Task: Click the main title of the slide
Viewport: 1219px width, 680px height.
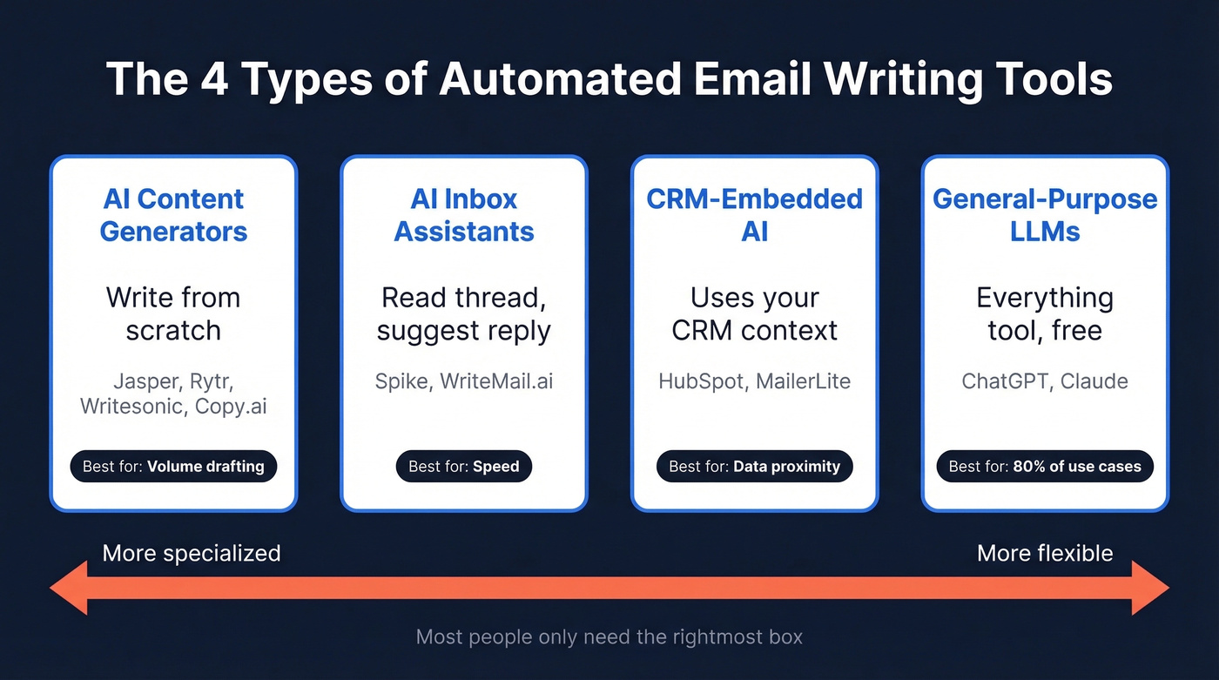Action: [609, 79]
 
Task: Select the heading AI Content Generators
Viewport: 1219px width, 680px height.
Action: [173, 215]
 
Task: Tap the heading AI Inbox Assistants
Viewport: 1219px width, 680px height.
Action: [464, 215]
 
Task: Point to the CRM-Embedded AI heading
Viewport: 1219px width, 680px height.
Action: [754, 215]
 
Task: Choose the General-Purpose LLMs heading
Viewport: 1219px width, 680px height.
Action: [1045, 215]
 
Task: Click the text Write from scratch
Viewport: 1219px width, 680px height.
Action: [173, 314]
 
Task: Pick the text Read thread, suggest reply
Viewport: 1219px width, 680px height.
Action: [464, 314]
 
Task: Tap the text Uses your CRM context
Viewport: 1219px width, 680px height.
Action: [754, 314]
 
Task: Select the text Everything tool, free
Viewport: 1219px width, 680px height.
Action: [1045, 314]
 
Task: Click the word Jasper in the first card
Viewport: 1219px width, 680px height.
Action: [139, 381]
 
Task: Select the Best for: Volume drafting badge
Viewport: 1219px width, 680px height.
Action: [173, 467]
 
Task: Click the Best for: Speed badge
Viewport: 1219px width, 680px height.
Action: [464, 467]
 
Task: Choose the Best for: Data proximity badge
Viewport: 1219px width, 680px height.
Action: [754, 467]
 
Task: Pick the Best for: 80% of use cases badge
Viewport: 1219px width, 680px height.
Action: [1045, 467]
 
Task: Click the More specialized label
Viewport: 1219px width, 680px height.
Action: [192, 553]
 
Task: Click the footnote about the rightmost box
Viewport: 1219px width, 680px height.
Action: [609, 637]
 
